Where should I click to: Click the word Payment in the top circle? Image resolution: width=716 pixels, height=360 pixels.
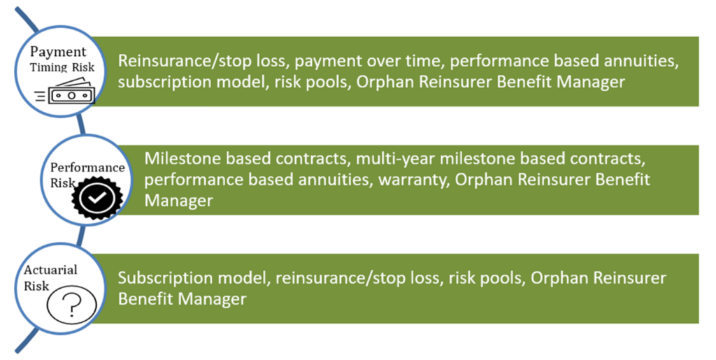click(58, 52)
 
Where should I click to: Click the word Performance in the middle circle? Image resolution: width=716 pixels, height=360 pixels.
click(87, 168)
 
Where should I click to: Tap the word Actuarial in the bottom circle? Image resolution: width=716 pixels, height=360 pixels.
click(50, 269)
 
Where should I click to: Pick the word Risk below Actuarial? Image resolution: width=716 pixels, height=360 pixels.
click(38, 285)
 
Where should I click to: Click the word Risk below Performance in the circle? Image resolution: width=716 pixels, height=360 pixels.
click(62, 182)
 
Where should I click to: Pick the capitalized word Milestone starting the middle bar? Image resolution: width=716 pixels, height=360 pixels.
click(178, 159)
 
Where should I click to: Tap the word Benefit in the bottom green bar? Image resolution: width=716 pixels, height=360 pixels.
click(147, 299)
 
